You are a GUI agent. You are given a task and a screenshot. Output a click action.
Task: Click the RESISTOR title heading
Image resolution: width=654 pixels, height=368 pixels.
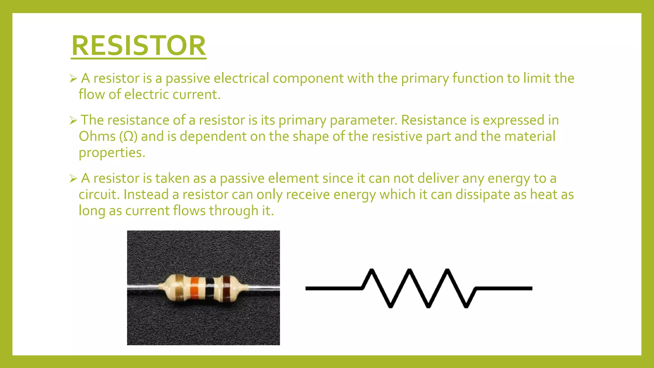[x=139, y=46]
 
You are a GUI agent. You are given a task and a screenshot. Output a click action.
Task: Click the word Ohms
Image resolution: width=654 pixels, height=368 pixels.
[x=97, y=136]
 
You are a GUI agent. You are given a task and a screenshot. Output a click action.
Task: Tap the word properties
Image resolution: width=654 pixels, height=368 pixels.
[x=112, y=153]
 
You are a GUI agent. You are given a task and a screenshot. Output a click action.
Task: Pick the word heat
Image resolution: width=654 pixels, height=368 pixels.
[x=540, y=194]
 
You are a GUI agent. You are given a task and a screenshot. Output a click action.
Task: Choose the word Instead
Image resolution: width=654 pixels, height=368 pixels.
[x=146, y=195]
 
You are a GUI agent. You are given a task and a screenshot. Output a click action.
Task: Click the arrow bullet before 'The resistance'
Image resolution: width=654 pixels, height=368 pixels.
[x=73, y=120]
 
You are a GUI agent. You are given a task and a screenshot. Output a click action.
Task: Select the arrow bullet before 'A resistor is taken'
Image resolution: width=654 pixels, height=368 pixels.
[x=73, y=179]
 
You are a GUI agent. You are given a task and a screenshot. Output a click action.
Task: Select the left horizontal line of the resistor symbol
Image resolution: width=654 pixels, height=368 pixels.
[x=333, y=288]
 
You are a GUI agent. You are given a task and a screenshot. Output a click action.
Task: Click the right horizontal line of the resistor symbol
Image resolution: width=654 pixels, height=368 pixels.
[x=504, y=288]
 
